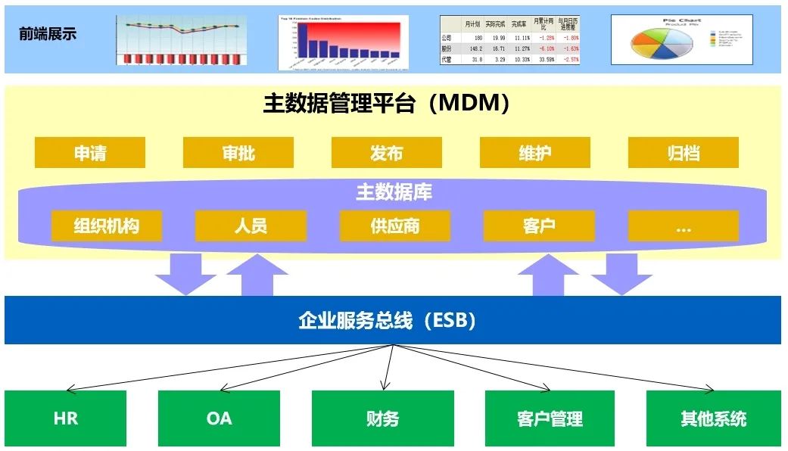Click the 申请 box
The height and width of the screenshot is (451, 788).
click(x=90, y=153)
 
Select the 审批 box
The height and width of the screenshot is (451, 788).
click(x=238, y=153)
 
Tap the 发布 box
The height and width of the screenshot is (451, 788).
click(x=386, y=153)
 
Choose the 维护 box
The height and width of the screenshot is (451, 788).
click(x=535, y=153)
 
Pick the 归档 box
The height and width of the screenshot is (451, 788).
click(x=683, y=153)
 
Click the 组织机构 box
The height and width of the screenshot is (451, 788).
click(x=107, y=225)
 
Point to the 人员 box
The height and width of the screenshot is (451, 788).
click(x=251, y=225)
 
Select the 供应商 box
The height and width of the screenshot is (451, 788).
click(x=395, y=225)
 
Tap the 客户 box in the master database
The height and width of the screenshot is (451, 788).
click(x=539, y=225)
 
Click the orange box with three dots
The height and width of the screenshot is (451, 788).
click(x=683, y=225)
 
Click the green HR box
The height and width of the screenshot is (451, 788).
click(x=66, y=418)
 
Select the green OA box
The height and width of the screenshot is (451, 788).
click(x=219, y=418)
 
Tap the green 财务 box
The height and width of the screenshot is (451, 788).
click(x=383, y=418)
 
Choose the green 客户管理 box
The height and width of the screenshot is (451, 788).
click(x=550, y=418)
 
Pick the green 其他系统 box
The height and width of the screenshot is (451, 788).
click(x=713, y=418)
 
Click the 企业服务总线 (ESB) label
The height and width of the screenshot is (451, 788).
click(x=387, y=320)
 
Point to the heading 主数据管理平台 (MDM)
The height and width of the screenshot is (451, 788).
click(x=386, y=104)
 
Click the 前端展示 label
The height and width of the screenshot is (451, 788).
click(x=48, y=34)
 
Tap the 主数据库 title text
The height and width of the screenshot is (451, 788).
click(x=394, y=192)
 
